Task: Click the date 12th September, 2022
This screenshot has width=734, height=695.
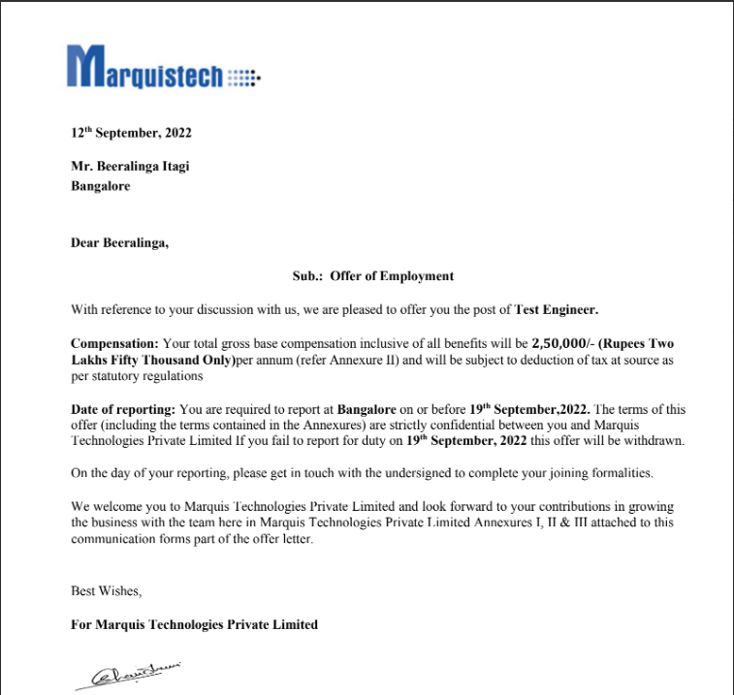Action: pyautogui.click(x=124, y=133)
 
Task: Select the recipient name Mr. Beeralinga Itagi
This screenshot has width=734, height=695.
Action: pyautogui.click(x=130, y=166)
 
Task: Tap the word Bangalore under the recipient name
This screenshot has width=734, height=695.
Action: pyautogui.click(x=100, y=186)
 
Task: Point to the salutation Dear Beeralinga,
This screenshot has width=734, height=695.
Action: pyautogui.click(x=119, y=243)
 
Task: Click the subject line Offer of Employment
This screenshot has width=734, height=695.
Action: pyautogui.click(x=391, y=276)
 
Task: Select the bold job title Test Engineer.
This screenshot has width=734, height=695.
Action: pyautogui.click(x=556, y=310)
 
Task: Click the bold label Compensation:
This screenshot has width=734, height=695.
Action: pyautogui.click(x=114, y=344)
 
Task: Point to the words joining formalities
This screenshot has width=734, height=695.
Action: pyautogui.click(x=603, y=473)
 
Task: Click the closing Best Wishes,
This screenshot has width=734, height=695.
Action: pyautogui.click(x=107, y=590)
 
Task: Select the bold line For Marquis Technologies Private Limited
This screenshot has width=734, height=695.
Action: pyautogui.click(x=194, y=624)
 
